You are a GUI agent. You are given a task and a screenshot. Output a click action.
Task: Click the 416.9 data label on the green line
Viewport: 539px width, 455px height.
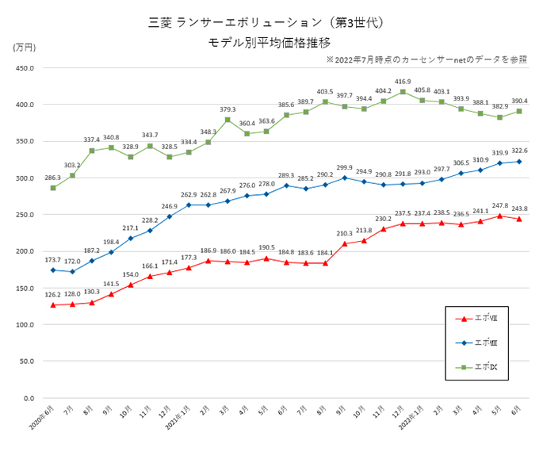tap(403, 82)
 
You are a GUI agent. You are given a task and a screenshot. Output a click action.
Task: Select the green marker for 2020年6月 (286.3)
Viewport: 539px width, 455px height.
tap(53, 188)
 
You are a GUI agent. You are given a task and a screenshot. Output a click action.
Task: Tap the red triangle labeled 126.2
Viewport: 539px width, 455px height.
tap(53, 305)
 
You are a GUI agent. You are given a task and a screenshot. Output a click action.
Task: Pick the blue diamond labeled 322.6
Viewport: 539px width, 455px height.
tap(519, 162)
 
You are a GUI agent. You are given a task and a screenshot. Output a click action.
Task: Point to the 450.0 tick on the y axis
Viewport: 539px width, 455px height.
tap(21, 68)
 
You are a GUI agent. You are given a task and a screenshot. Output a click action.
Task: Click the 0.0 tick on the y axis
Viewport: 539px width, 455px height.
tap(26, 398)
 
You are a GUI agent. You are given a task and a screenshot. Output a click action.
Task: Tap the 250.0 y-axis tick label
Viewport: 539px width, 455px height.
tap(21, 215)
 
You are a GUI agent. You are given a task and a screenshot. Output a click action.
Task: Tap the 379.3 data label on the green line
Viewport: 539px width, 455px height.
tap(228, 110)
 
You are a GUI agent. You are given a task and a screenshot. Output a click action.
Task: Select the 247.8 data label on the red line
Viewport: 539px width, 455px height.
tap(500, 205)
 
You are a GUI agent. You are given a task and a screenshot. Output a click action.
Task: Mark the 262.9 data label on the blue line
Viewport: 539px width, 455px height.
tap(189, 195)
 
